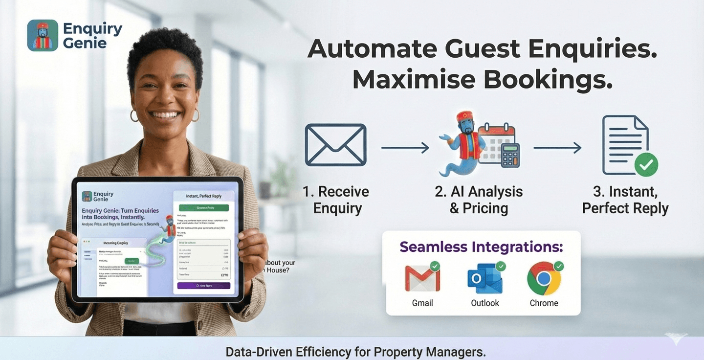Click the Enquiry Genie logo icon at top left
point(43,35)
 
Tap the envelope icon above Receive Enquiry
point(335,145)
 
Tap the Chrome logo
point(544,278)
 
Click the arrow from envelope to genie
point(405,147)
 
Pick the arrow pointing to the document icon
point(557,147)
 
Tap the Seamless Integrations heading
point(481,247)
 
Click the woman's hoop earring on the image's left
point(134,115)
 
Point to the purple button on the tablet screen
point(203,285)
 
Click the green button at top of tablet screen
point(203,207)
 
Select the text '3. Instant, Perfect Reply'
point(625,200)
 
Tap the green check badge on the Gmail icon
point(435,266)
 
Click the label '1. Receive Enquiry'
point(336,200)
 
